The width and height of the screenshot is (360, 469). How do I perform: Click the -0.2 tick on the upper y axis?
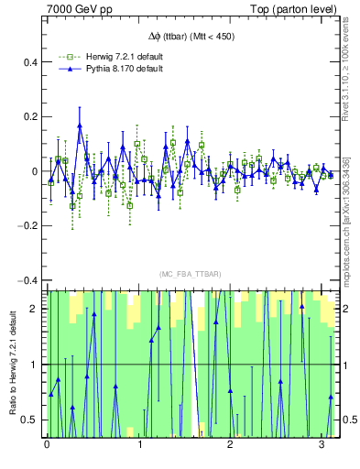click(27, 225)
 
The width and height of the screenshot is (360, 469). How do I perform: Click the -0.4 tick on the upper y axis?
click(27, 280)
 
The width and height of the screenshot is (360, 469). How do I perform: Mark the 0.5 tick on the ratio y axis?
click(32, 420)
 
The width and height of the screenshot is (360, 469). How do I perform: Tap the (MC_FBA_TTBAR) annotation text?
click(191, 275)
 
